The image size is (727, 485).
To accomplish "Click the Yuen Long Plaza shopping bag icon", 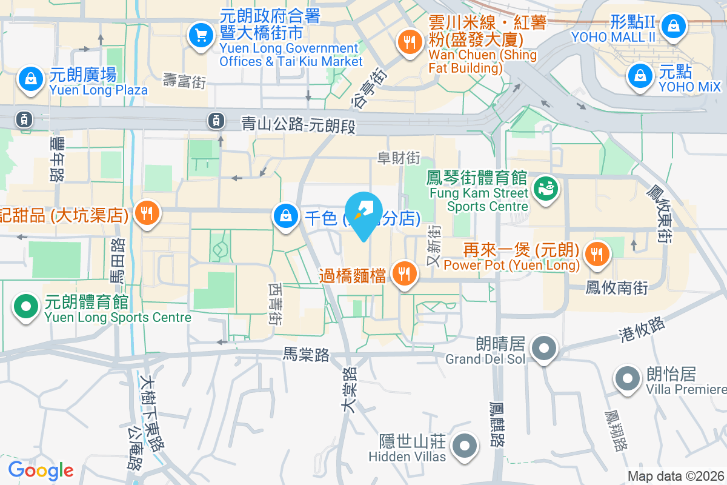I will click(29, 78).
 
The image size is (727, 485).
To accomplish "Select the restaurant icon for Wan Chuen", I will click(410, 41).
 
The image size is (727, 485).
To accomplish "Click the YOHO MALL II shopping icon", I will click(673, 25).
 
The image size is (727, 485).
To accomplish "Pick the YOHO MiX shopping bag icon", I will click(640, 76).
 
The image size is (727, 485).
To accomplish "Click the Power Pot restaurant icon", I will click(597, 255).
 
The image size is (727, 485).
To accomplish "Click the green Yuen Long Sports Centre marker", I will click(25, 307).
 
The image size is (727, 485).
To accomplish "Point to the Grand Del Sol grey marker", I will click(544, 349).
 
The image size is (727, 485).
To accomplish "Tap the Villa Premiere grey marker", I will click(628, 379).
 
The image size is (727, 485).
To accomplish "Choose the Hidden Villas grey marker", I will click(465, 446).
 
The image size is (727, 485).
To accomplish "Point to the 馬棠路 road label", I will click(307, 354).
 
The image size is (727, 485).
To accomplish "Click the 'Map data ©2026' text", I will click(676, 477).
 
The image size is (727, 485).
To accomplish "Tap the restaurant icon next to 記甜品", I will click(146, 213).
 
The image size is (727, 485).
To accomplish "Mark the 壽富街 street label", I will click(185, 81).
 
